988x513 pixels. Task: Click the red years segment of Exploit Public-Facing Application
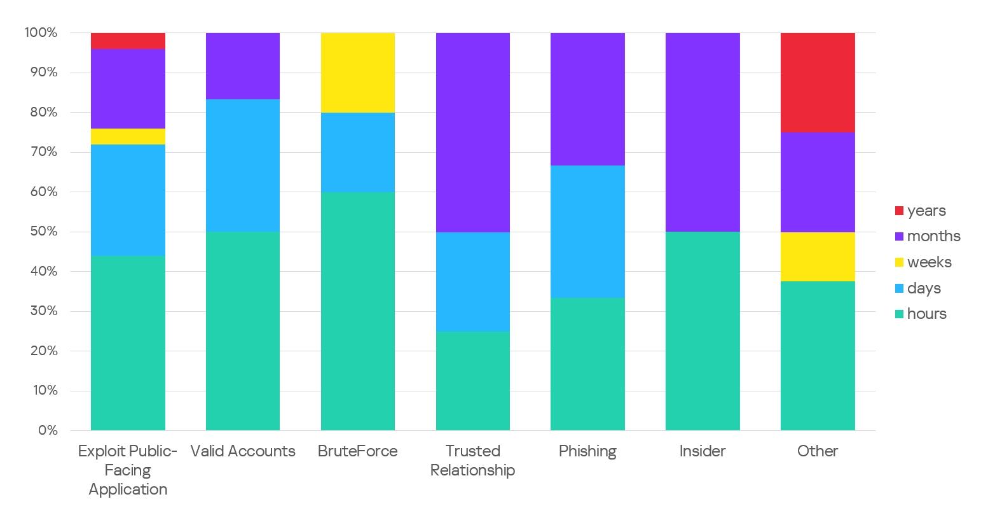pyautogui.click(x=128, y=41)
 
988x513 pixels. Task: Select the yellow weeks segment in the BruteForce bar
pyautogui.click(x=358, y=73)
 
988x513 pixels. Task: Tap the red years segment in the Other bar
pyautogui.click(x=818, y=82)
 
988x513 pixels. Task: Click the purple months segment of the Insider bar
pyautogui.click(x=703, y=132)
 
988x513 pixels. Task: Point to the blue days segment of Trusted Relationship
pyautogui.click(x=472, y=281)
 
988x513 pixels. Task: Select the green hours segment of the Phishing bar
pyautogui.click(x=587, y=364)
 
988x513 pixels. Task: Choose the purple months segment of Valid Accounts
pyautogui.click(x=243, y=66)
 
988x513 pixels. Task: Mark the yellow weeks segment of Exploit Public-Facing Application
pyautogui.click(x=128, y=136)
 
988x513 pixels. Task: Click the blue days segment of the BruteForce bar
pyautogui.click(x=358, y=152)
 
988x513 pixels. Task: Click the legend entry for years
pyautogui.click(x=926, y=211)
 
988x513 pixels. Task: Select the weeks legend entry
pyautogui.click(x=929, y=262)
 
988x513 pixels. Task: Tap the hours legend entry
pyautogui.click(x=926, y=314)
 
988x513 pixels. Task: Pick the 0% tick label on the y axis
pyautogui.click(x=47, y=430)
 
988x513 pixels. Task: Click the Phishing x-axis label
pyautogui.click(x=587, y=451)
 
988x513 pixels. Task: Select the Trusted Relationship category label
pyautogui.click(x=472, y=461)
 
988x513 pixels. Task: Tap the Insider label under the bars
pyautogui.click(x=703, y=451)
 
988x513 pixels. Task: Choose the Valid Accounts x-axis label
pyautogui.click(x=243, y=451)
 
